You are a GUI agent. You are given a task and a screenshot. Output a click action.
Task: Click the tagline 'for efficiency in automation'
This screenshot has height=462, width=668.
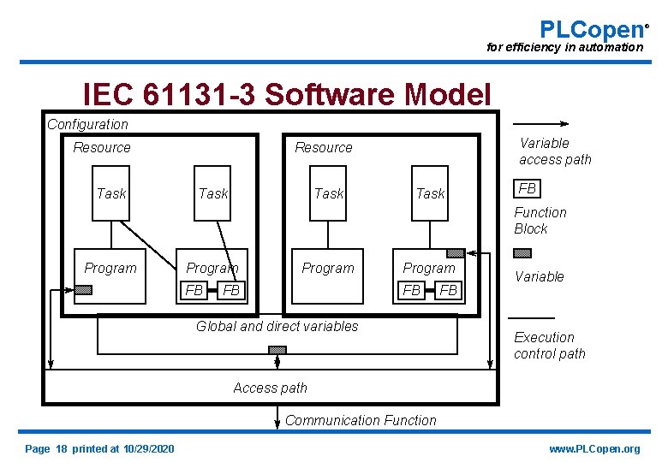[564, 48]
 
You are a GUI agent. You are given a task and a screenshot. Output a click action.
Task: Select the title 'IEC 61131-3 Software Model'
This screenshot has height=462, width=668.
[287, 95]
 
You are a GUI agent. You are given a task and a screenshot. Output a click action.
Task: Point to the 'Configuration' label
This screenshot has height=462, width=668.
[87, 125]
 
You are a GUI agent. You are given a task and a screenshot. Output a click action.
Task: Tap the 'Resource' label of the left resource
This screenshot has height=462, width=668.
[102, 148]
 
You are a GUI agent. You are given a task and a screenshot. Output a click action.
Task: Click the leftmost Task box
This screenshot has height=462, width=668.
[110, 193]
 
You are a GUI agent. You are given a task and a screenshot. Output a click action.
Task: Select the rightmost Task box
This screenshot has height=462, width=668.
[430, 193]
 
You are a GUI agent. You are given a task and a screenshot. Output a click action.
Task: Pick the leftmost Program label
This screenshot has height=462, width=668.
[110, 269]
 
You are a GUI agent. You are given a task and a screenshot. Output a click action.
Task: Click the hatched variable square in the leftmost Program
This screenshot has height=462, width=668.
[83, 289]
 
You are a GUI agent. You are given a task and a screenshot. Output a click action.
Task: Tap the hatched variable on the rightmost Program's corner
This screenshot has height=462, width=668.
[456, 253]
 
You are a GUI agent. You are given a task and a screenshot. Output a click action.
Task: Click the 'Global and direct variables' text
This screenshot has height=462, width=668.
[277, 326]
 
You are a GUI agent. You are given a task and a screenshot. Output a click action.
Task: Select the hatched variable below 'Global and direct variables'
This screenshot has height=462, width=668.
[277, 350]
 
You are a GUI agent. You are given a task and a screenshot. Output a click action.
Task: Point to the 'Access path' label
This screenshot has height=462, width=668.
[270, 388]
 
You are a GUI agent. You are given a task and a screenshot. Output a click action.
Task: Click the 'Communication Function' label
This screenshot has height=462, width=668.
[361, 421]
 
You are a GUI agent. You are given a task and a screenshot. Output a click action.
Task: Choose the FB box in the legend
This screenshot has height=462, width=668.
[527, 188]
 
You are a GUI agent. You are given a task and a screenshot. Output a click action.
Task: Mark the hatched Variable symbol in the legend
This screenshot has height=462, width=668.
[522, 253]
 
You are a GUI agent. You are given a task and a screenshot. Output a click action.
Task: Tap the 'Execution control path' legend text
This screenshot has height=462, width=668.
[549, 346]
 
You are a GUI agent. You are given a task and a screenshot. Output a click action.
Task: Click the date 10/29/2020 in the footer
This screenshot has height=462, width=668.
[148, 449]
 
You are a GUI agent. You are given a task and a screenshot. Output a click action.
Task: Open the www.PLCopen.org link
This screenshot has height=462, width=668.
[594, 449]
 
